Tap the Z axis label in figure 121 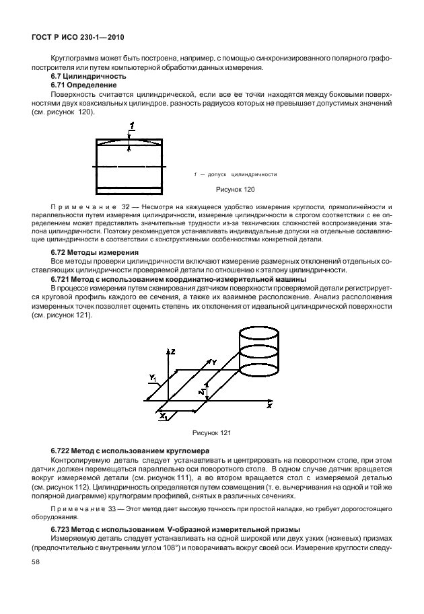[x=173, y=352]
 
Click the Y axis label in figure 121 [x=213, y=362]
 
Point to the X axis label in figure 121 [x=269, y=407]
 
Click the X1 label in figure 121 [x=163, y=417]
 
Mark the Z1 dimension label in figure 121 [x=203, y=390]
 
